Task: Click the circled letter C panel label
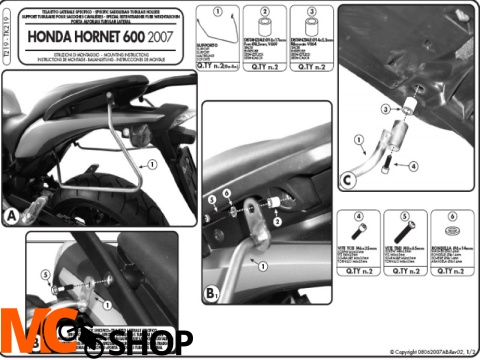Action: point(347,180)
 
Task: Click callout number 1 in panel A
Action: point(152,164)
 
